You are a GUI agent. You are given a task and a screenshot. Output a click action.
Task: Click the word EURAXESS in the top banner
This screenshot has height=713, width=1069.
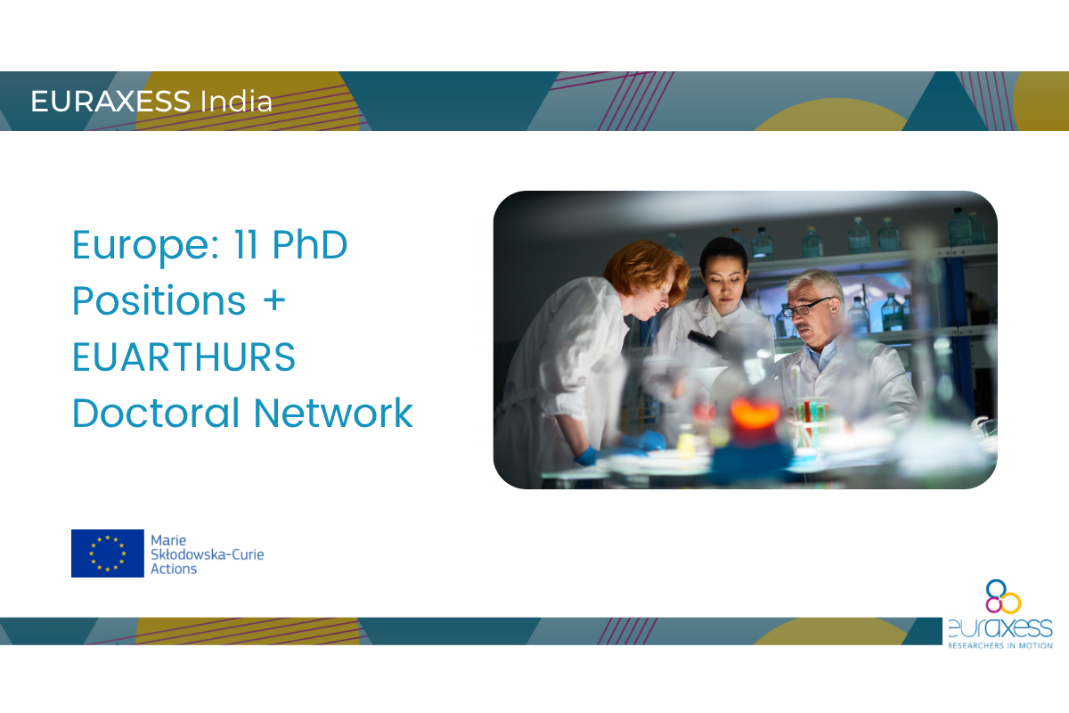(x=110, y=102)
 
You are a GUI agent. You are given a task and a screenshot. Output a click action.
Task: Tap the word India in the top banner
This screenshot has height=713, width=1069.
(x=236, y=101)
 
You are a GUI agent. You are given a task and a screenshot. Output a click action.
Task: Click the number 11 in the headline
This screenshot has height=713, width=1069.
(x=246, y=244)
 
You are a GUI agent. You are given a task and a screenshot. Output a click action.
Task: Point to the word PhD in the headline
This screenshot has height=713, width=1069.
(x=310, y=244)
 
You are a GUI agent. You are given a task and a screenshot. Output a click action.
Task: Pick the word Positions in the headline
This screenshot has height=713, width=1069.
(x=159, y=300)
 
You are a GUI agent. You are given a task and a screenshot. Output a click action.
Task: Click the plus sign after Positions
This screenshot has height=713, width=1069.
(x=274, y=301)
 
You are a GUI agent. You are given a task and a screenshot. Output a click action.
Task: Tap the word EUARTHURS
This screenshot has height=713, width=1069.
(x=184, y=356)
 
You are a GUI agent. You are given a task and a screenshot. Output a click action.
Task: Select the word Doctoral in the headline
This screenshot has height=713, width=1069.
(x=156, y=413)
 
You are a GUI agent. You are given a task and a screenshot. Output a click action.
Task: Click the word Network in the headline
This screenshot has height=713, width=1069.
(x=333, y=413)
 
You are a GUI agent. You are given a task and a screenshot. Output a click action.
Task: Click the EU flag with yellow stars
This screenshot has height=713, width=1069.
(x=108, y=553)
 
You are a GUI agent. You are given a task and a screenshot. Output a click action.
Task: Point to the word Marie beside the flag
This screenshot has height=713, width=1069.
(x=168, y=540)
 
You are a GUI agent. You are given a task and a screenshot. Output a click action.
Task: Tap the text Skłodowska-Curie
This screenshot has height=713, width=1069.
(x=207, y=554)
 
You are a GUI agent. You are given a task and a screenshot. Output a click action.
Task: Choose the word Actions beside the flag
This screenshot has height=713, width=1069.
(x=174, y=569)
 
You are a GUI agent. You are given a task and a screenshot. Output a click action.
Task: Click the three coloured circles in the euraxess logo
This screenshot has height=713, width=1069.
(x=1003, y=596)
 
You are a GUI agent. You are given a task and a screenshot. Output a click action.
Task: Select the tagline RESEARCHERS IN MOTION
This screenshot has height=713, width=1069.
(x=1000, y=645)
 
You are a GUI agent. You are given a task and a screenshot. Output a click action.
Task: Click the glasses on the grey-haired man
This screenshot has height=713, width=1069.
(x=806, y=307)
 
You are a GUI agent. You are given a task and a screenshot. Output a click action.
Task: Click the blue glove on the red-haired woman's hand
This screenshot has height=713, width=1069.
(x=586, y=457)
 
